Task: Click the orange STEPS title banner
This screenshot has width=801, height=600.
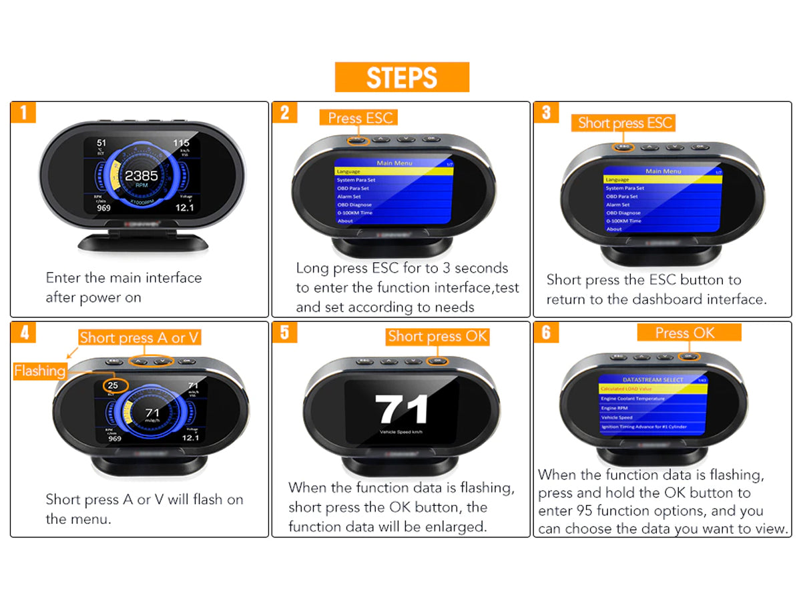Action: click(x=402, y=77)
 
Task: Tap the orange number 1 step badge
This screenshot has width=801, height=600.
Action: click(x=23, y=112)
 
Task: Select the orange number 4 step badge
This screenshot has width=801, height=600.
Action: click(x=23, y=332)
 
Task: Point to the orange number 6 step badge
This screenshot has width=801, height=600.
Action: click(x=546, y=332)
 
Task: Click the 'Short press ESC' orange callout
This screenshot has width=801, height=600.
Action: click(x=625, y=123)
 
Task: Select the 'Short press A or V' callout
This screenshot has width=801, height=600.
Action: click(x=140, y=338)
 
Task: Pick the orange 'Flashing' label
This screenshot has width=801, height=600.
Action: click(x=39, y=371)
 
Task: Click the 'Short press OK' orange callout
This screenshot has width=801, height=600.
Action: click(x=437, y=337)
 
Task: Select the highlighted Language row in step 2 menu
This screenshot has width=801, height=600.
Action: click(x=394, y=172)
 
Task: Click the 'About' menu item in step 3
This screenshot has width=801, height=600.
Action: click(x=614, y=229)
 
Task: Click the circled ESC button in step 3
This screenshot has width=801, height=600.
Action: click(x=624, y=146)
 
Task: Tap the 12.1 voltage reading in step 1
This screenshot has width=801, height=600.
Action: click(x=184, y=208)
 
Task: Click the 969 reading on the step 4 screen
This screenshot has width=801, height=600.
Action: click(x=115, y=438)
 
